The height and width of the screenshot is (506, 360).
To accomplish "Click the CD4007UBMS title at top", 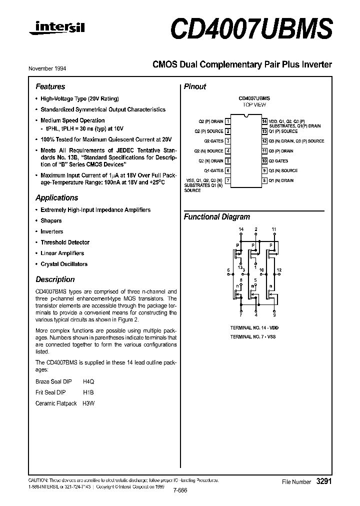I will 251,30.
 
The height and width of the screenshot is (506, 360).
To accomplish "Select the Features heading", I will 50,86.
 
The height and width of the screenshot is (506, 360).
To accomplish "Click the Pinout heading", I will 195,86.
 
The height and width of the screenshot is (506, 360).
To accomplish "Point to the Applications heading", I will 56,197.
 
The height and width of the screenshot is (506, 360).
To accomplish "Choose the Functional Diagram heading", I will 216,217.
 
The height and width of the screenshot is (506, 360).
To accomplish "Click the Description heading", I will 55,279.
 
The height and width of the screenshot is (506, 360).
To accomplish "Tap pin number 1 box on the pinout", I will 228,121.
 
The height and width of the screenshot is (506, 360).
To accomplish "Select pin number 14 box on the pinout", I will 264,121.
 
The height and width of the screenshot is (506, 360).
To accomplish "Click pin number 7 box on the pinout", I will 228,180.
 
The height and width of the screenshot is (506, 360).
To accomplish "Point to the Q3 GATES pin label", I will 278,161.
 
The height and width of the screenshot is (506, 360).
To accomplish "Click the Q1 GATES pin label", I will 213,171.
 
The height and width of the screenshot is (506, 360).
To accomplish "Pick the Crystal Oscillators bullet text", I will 64,264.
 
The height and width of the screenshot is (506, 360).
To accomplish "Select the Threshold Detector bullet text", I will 65,242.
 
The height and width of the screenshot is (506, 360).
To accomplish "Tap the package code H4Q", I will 88,381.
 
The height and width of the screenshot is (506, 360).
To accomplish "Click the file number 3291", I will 324,481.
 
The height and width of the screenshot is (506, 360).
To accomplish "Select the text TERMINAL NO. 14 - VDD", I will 254,328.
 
